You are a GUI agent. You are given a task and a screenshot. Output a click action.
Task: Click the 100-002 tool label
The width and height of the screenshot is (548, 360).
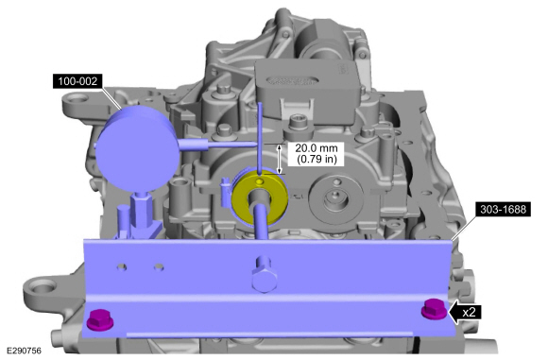click(77, 81)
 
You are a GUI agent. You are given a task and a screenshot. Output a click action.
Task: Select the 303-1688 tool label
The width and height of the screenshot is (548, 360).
click(503, 209)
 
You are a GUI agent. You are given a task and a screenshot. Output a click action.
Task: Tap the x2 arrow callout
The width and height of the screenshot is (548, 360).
click(465, 312)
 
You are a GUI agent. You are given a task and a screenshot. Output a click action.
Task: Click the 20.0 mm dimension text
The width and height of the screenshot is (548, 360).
click(317, 147)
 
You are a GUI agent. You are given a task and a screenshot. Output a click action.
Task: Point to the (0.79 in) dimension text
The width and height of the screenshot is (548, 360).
click(317, 160)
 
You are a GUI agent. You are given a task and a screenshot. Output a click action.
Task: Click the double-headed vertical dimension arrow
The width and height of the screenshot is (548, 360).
click(280, 159)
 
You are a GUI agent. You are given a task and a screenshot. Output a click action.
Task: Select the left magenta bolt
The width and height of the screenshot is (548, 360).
click(100, 318)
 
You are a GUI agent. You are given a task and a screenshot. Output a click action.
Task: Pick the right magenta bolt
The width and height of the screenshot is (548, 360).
click(435, 308)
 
